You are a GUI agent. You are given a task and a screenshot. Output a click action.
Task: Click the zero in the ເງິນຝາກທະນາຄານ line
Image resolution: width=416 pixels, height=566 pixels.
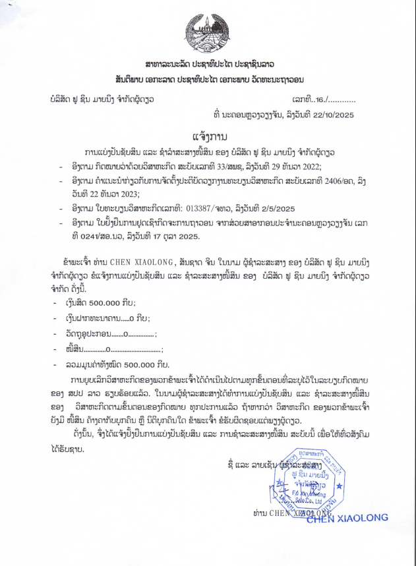coord(115,318)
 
